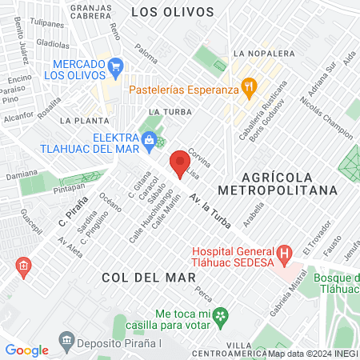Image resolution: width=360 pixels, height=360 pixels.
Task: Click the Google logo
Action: tap(26, 350)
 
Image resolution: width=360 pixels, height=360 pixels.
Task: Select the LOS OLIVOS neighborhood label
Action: tap(172, 12)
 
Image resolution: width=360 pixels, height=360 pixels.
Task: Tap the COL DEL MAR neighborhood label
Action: tap(149, 277)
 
